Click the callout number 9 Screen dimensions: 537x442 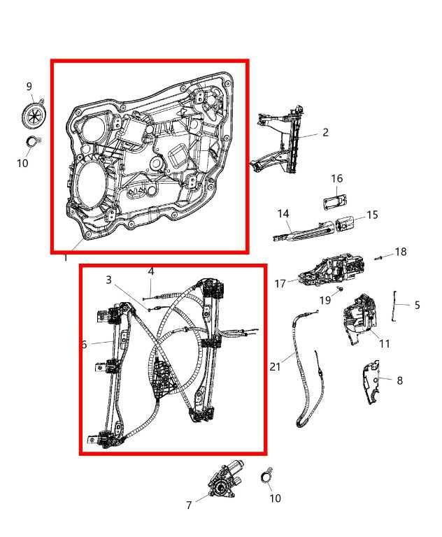click(29, 87)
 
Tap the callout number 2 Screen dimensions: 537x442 click(325, 132)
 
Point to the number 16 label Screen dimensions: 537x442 click(336, 179)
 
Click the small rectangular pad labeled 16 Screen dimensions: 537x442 click(335, 202)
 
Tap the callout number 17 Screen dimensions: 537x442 click(280, 284)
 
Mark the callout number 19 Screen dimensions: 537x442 click(325, 300)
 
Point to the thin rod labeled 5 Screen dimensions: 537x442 click(396, 306)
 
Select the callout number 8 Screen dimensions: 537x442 click(399, 380)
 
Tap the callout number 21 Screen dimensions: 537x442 click(275, 366)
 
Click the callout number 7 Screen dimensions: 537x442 click(189, 505)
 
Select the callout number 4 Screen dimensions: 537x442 click(150, 271)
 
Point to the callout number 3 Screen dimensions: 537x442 click(108, 280)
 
